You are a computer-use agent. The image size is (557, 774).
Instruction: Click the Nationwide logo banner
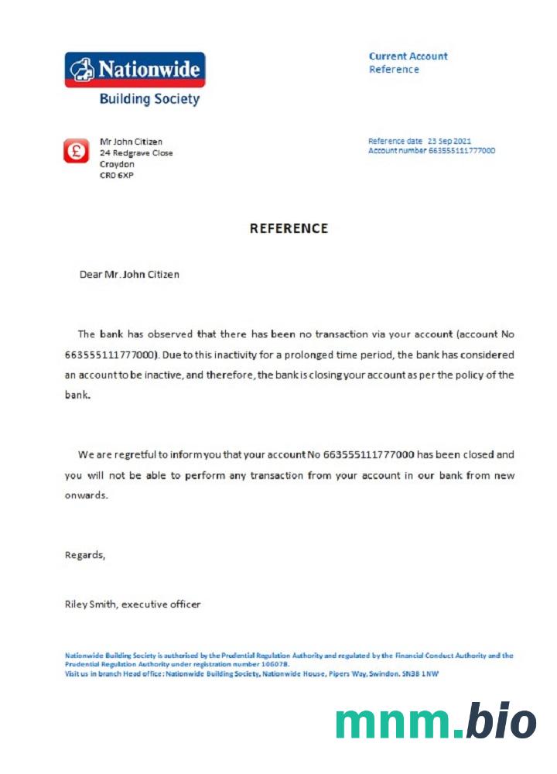click(x=135, y=69)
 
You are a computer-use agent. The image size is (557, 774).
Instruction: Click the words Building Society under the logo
click(x=149, y=99)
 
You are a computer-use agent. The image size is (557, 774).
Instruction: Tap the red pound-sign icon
click(x=77, y=150)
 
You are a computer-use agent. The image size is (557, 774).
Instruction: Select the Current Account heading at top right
click(x=408, y=56)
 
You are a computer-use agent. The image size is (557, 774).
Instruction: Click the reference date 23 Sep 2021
click(x=449, y=141)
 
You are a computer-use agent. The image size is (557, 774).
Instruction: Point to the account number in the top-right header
click(x=462, y=150)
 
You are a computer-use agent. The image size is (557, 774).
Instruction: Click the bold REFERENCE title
click(x=289, y=228)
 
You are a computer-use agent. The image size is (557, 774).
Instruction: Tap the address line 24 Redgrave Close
click(x=136, y=153)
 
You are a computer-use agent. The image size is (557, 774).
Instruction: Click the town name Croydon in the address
click(x=117, y=164)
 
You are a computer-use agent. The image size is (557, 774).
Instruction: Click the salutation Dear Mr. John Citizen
click(x=129, y=274)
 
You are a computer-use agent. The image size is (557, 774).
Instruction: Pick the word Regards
click(x=84, y=555)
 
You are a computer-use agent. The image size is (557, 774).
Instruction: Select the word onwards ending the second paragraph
click(x=85, y=495)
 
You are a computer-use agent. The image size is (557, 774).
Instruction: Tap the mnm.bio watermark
click(x=436, y=721)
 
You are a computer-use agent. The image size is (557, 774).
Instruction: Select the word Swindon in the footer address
click(x=401, y=674)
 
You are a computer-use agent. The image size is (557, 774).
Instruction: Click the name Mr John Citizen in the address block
click(x=131, y=142)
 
